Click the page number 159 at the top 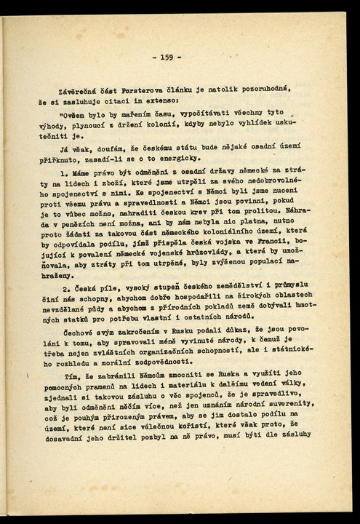coord(167,56)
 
